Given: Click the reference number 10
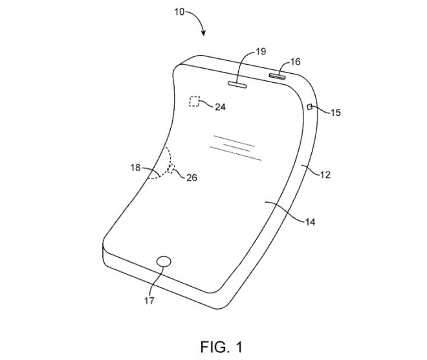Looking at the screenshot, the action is pos(179,12).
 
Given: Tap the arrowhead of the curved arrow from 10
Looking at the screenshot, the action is pos(203,33).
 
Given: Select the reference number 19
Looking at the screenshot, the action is pos(261,51).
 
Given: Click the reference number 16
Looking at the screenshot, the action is pos(295,62).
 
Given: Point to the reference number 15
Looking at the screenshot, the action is pos(336,112).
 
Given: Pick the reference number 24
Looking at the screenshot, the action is pos(221,107).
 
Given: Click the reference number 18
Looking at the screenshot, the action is pos(135,167).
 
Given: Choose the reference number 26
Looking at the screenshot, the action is pos(192,177).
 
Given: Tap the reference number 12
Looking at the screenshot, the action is pos(325,174).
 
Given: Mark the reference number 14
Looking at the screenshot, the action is pos(310,222).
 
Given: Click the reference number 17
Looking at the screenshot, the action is pos(149,300).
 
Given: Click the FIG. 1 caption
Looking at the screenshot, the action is pos(221,347).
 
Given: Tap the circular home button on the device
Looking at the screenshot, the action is pos(164,262).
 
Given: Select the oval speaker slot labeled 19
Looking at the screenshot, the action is pos(237,85).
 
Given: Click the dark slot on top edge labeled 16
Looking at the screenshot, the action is pos(277,76).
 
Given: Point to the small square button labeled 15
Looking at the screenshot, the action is pos(310,107).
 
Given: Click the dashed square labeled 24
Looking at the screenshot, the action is pos(195,102).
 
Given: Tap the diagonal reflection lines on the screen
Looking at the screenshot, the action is pos(236,148).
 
